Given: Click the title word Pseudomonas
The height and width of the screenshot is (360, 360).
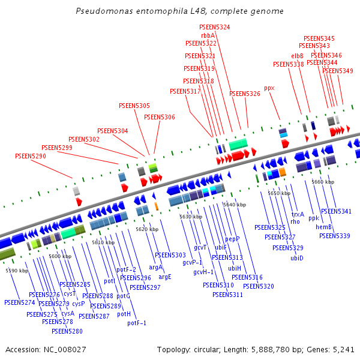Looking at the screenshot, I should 103,11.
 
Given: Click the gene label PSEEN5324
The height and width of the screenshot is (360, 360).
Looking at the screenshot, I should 215,28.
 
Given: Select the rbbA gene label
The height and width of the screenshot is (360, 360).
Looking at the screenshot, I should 208,35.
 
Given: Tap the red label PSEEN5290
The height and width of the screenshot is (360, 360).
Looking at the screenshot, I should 31,156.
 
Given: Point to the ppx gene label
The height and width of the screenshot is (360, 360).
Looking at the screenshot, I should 269,88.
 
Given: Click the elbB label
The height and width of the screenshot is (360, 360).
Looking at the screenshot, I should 298,56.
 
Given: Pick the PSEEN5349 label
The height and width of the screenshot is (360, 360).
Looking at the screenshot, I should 338,71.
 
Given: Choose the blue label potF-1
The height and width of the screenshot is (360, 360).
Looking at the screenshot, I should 137,323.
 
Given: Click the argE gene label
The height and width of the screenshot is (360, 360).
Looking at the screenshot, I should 165,277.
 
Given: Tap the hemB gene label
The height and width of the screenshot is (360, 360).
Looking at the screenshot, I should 324,227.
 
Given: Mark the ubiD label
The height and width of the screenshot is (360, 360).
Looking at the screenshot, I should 297,258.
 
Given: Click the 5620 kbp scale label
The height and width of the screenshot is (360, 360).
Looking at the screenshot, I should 147,229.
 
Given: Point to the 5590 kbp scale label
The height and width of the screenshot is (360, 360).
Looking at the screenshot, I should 17,271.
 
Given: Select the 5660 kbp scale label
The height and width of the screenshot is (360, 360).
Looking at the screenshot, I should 322,182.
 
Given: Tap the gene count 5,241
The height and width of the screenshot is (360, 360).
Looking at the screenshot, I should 344,349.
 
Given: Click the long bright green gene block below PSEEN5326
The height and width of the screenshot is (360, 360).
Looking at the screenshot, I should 238,144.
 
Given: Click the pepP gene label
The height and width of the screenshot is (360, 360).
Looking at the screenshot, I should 232,239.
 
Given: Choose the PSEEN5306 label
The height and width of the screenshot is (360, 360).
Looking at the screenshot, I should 160,117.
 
